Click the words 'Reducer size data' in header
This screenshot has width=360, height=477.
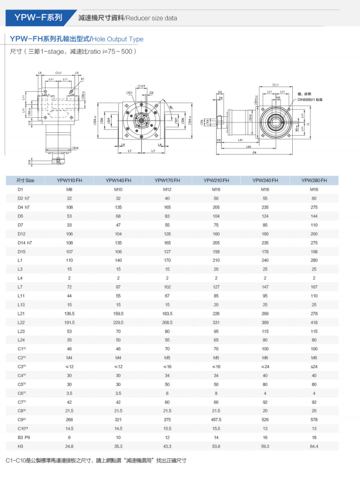151,18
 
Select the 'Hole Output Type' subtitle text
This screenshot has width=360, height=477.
117,39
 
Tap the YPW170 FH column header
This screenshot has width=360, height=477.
167,180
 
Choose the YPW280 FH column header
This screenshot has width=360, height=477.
314,180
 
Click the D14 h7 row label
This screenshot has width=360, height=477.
24,242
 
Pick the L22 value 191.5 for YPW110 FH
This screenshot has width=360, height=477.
69,322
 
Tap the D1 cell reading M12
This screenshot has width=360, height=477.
167,189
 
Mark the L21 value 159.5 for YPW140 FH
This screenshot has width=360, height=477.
118,313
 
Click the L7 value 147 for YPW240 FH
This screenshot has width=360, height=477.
265,286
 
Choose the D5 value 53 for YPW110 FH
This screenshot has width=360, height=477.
69,216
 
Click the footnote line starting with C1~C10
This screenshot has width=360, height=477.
95,461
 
